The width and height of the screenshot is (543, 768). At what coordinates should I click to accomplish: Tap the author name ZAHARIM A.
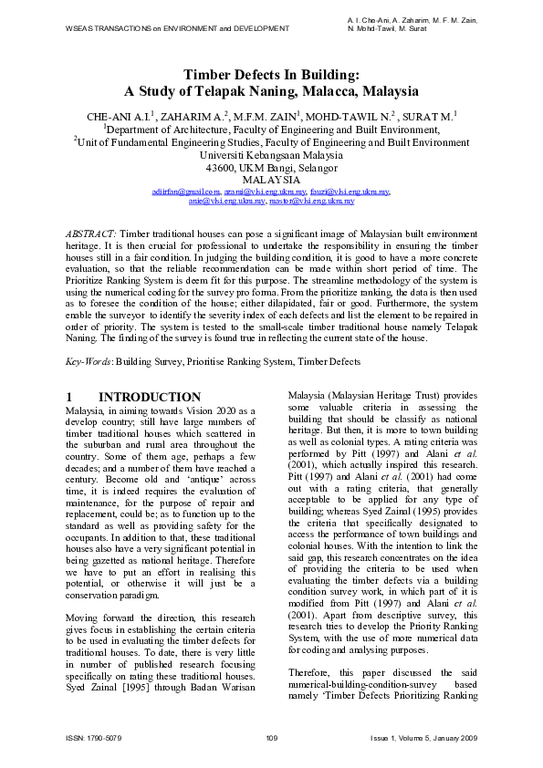pyautogui.click(x=193, y=116)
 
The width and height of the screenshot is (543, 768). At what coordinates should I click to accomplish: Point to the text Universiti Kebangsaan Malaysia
pyautogui.click(x=271, y=155)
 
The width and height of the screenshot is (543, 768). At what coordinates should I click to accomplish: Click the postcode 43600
pyautogui.click(x=225, y=168)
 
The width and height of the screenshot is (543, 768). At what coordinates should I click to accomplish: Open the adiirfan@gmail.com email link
pyautogui.click(x=186, y=192)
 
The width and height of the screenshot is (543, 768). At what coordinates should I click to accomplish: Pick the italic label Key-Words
pyautogui.click(x=88, y=362)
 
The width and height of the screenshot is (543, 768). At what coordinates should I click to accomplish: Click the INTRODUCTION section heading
pyautogui.click(x=150, y=398)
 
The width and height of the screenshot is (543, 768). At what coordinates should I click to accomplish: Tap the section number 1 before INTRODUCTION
pyautogui.click(x=70, y=398)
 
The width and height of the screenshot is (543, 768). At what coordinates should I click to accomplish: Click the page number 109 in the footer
pyautogui.click(x=271, y=737)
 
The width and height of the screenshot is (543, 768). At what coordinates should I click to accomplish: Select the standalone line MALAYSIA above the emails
pyautogui.click(x=271, y=181)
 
